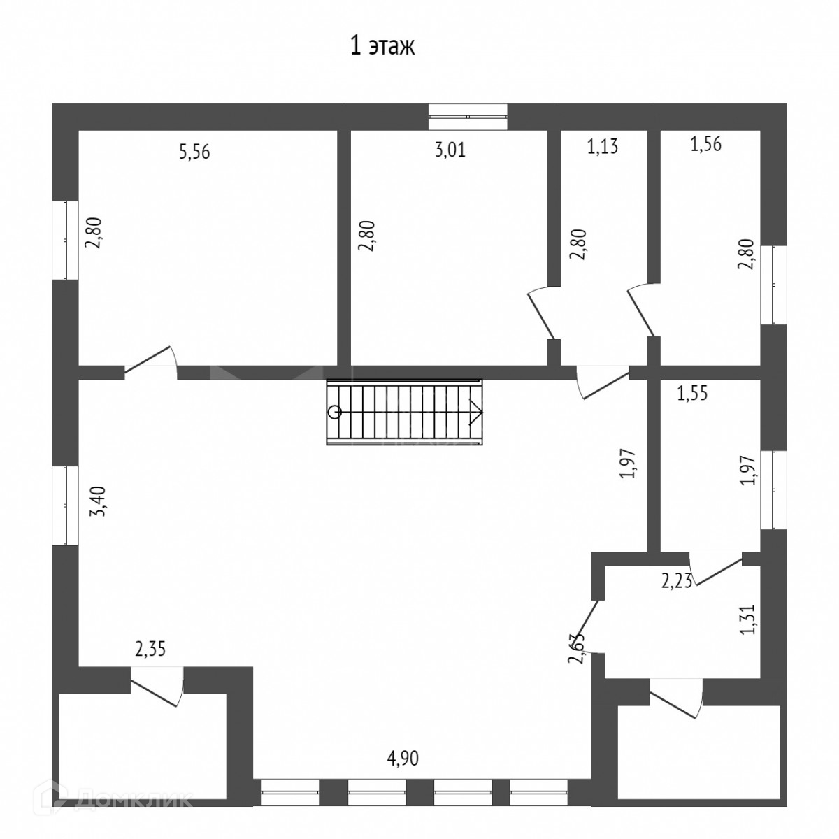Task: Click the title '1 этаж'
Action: point(382,47)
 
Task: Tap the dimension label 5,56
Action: point(195,152)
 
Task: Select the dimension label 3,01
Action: point(450,150)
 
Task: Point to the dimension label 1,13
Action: point(603,147)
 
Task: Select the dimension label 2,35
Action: point(150,650)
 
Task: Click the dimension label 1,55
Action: point(692,393)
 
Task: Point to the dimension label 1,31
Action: point(748,619)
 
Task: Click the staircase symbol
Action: point(405,412)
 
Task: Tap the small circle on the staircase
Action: point(335,412)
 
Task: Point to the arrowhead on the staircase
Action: point(476,412)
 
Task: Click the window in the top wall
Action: point(468,117)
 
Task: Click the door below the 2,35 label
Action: point(158,685)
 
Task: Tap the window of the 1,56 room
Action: point(773,285)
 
